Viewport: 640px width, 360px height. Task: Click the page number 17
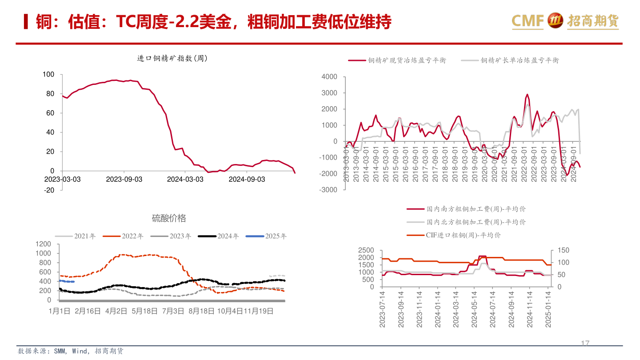pyautogui.click(x=585, y=343)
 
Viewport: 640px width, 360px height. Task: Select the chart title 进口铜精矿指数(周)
pyautogui.click(x=172, y=58)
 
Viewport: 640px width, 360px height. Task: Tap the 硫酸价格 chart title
pyautogui.click(x=169, y=218)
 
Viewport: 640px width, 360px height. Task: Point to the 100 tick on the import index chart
pyautogui.click(x=48, y=74)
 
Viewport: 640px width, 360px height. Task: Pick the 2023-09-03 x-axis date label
pyautogui.click(x=124, y=179)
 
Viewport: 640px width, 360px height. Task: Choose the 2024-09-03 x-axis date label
pyautogui.click(x=247, y=179)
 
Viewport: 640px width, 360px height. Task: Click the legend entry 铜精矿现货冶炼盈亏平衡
pyautogui.click(x=407, y=60)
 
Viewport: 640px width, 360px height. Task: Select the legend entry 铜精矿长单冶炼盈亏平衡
pyautogui.click(x=520, y=60)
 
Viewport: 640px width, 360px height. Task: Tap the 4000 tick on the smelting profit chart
pyautogui.click(x=329, y=77)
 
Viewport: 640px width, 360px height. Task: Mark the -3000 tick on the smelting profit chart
pyautogui.click(x=328, y=190)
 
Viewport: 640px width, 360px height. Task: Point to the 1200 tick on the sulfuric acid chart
pyautogui.click(x=43, y=244)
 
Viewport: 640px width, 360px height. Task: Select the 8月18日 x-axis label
pyautogui.click(x=201, y=312)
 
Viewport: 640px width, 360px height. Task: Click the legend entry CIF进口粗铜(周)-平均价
pyautogui.click(x=463, y=235)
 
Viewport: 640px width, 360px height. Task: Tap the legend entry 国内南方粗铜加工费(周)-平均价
pyautogui.click(x=476, y=209)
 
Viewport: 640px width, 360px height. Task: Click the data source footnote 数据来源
pyautogui.click(x=71, y=351)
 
